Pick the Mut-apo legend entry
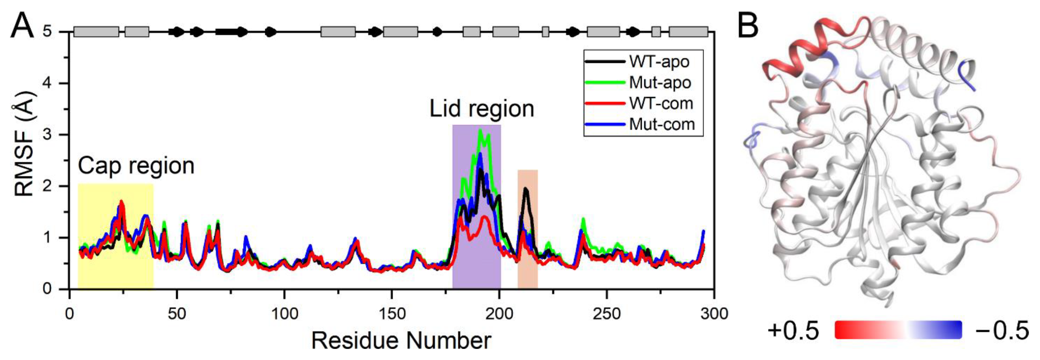point(660,83)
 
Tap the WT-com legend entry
point(661,104)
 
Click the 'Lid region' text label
point(481,109)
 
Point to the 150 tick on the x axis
point(392,314)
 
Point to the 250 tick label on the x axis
point(606,314)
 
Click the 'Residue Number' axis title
point(401,341)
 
